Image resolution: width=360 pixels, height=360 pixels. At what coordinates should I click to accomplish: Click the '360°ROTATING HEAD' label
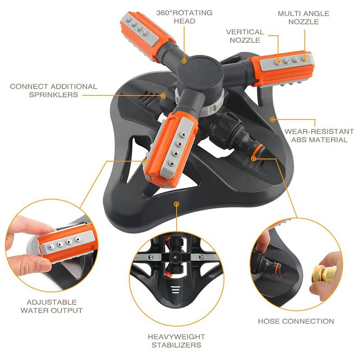pos(184,17)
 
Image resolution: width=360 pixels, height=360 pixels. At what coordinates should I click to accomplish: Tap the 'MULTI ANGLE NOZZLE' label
pos(303,18)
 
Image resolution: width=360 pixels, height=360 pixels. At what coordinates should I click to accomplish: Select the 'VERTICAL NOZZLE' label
pos(245,36)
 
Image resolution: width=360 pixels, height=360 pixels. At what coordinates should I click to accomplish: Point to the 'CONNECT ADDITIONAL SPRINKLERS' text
pos(54,90)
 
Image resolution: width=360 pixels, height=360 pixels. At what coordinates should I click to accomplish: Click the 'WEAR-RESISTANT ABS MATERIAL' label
pos(319,136)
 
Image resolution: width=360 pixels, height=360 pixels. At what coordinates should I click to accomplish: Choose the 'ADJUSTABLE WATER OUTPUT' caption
pos(51,306)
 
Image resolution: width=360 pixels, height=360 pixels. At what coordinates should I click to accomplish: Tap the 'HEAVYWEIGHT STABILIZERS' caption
pos(176,341)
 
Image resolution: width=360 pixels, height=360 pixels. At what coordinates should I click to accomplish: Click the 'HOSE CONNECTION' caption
pos(296,321)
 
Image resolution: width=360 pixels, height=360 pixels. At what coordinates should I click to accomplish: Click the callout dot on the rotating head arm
pos(184,61)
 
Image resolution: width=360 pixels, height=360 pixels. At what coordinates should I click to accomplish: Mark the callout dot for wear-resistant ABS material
pos(272,119)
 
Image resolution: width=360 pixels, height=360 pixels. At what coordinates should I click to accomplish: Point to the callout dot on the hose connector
pos(253,158)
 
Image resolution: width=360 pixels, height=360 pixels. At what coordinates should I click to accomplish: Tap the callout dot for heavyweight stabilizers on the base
pos(176,204)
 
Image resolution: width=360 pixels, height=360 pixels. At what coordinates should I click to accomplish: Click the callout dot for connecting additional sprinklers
pos(163,95)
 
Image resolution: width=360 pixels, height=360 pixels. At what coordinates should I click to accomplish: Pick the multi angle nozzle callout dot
pos(305,58)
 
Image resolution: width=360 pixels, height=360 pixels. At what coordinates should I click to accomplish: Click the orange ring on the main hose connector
pos(257,151)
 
